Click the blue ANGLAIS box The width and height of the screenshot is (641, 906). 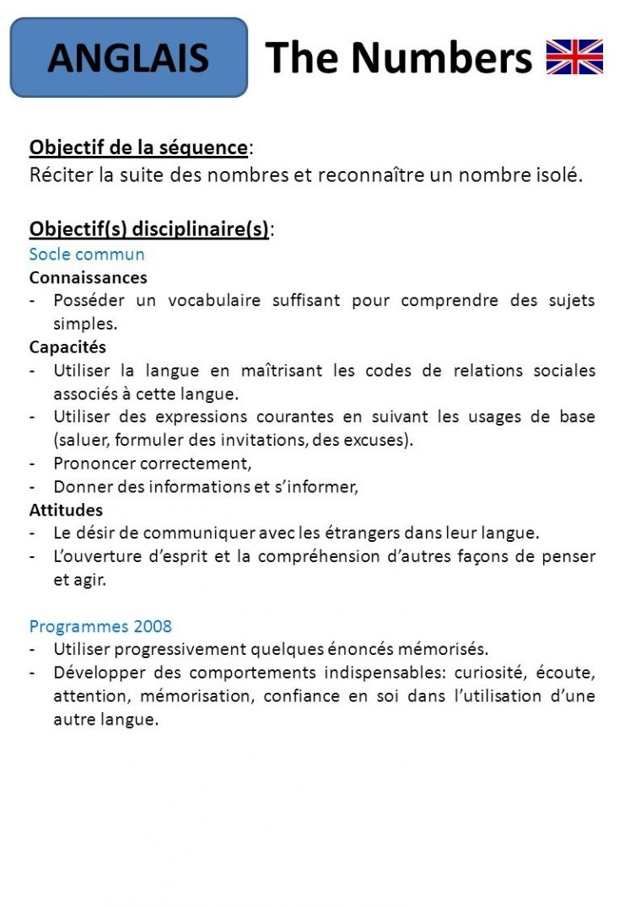(128, 57)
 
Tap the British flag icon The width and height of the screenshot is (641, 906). (574, 57)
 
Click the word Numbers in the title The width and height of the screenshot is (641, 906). (442, 57)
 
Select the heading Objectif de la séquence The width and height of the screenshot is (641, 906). (138, 147)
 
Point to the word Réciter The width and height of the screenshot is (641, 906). (58, 176)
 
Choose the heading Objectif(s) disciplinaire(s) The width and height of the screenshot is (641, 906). (149, 228)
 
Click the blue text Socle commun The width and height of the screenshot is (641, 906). (87, 254)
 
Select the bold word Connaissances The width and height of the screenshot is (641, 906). (88, 277)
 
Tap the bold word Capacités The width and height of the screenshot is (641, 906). (67, 346)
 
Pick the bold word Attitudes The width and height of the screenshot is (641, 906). (66, 510)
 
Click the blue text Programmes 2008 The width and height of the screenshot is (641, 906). (100, 626)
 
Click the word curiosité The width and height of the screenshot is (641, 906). (490, 673)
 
